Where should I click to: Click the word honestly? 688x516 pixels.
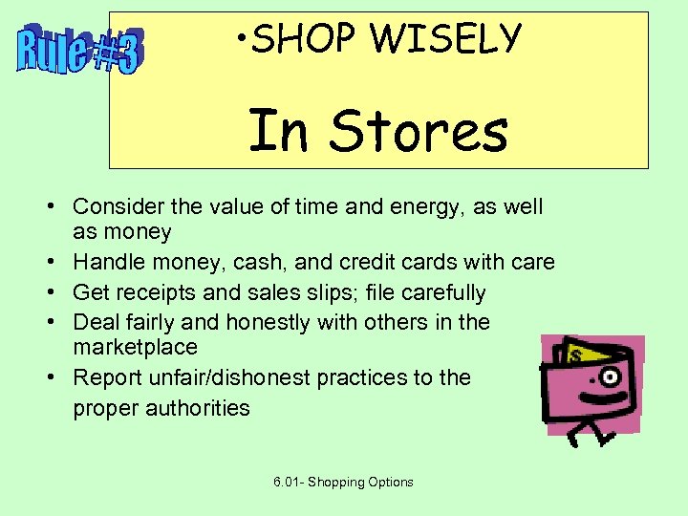coord(269,322)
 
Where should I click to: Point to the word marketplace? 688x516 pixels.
coord(136,347)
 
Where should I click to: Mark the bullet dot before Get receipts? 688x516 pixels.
coord(58,292)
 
